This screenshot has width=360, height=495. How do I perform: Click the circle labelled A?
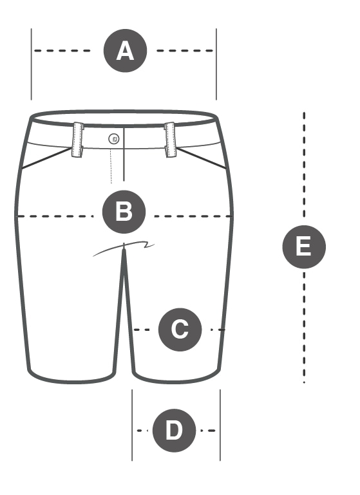pyautogui.click(x=126, y=50)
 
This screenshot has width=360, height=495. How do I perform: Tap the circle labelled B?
pyautogui.click(x=124, y=212)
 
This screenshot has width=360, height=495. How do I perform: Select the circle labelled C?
pyautogui.click(x=180, y=330)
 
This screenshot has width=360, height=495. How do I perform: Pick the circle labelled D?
pyautogui.click(x=174, y=430)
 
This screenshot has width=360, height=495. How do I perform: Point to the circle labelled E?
pyautogui.click(x=304, y=247)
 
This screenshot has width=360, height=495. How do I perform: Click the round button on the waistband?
pyautogui.click(x=114, y=139)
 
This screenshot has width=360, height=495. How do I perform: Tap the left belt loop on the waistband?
pyautogui.click(x=78, y=140)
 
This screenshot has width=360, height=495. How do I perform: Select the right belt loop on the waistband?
pyautogui.click(x=170, y=140)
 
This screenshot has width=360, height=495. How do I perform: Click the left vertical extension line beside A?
pyautogui.click(x=32, y=64)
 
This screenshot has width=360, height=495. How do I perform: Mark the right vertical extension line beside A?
pyautogui.click(x=216, y=64)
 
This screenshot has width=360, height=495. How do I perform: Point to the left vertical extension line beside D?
pyautogui.click(x=132, y=425)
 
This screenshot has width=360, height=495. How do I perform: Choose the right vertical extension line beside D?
pyautogui.click(x=220, y=425)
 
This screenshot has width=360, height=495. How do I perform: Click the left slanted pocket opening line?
pyautogui.click(x=47, y=158)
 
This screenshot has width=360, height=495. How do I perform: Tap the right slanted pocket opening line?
pyautogui.click(x=202, y=158)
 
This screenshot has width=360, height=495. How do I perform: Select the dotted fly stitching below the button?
pyautogui.click(x=111, y=166)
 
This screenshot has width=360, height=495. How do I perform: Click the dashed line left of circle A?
pyautogui.click(x=62, y=50)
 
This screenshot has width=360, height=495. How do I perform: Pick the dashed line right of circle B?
pyautogui.click(x=193, y=216)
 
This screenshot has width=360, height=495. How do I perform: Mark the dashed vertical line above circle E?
pyautogui.click(x=304, y=165)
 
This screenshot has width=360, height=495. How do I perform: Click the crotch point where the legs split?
pyautogui.click(x=124, y=249)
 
